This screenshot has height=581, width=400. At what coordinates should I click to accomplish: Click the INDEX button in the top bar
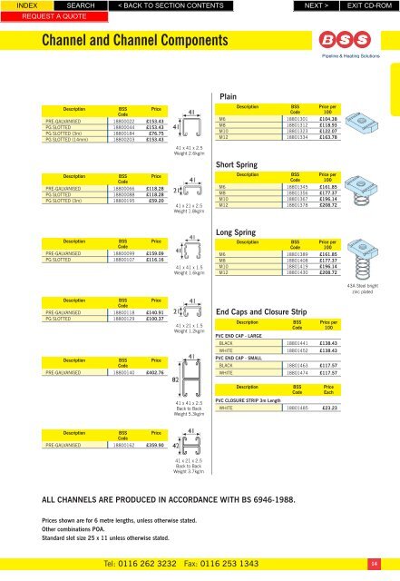click(15, 5)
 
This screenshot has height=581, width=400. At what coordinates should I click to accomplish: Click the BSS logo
click(336, 40)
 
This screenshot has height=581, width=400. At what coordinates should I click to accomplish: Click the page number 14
click(385, 567)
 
